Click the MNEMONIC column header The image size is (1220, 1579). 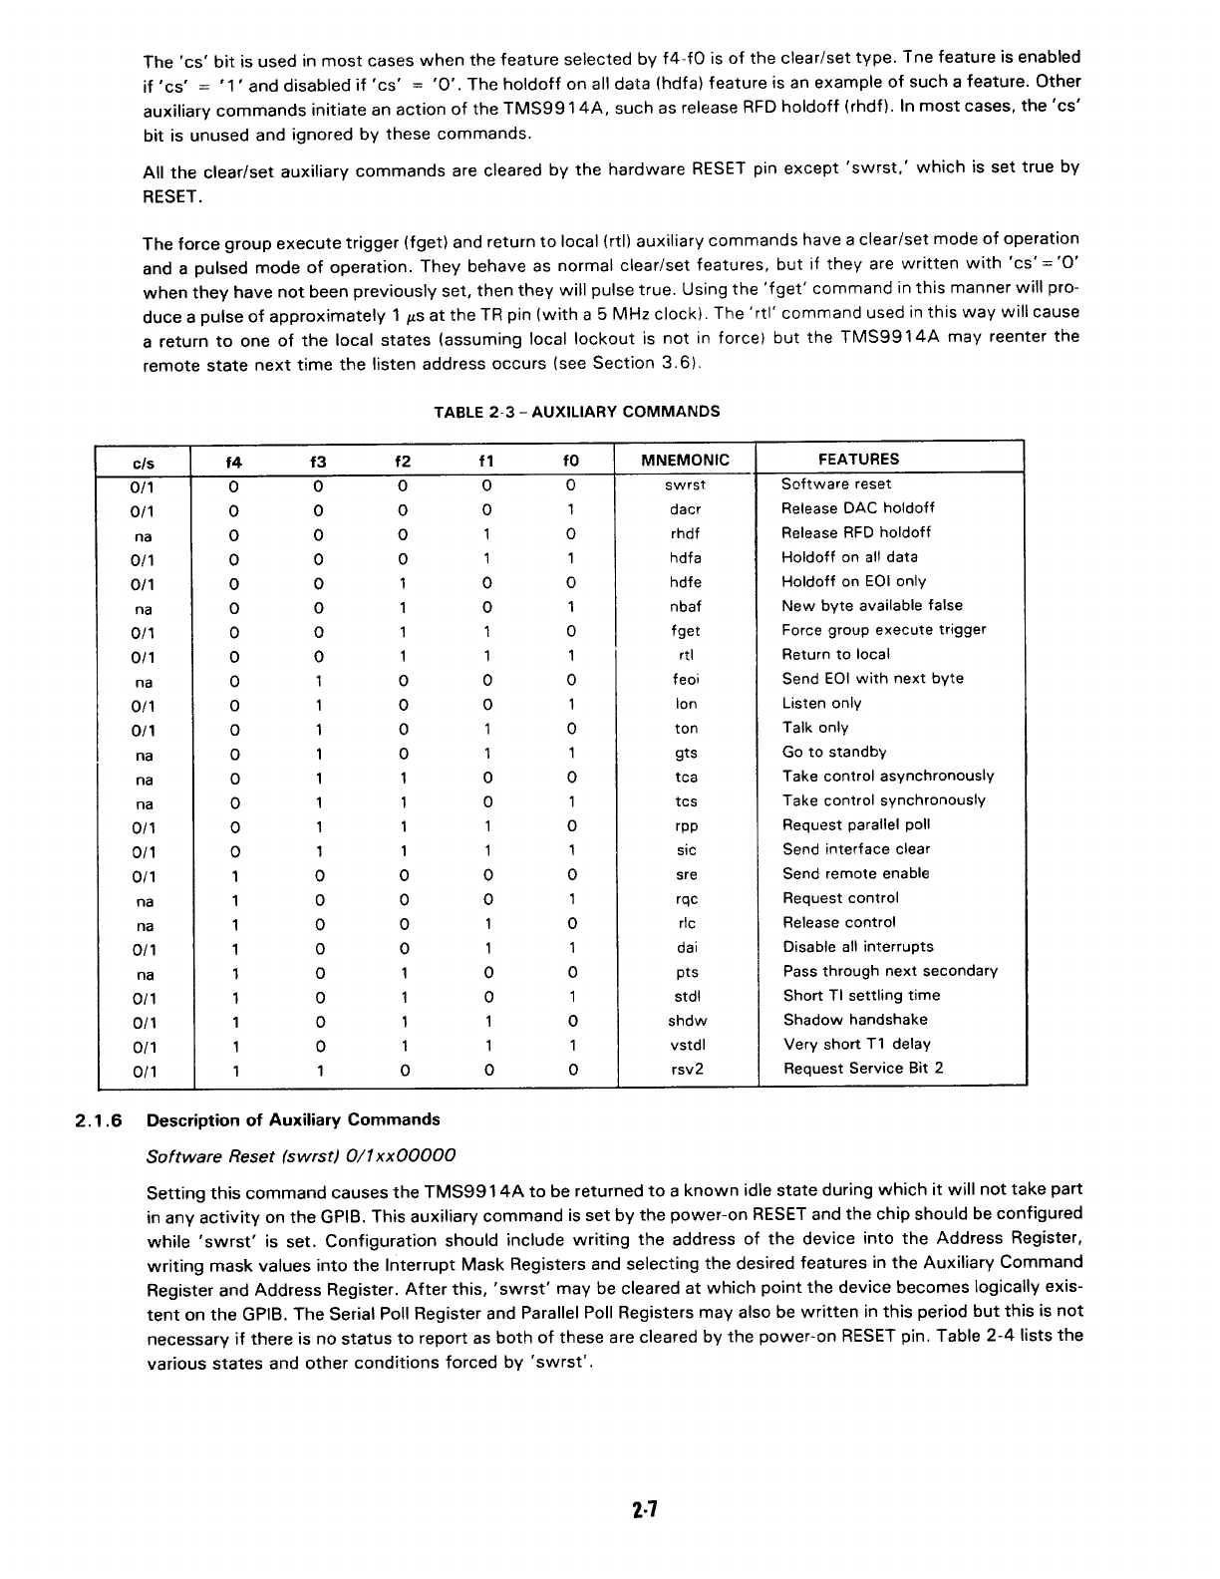pos(686,460)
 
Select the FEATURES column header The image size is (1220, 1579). pos(858,459)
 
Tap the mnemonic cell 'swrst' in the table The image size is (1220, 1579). pos(686,484)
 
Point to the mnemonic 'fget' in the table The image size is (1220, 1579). pos(686,631)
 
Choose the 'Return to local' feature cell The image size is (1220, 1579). pos(835,655)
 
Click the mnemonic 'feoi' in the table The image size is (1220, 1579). pos(686,680)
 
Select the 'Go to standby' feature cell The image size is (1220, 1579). pos(833,753)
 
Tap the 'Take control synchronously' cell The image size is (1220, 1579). pos(883,801)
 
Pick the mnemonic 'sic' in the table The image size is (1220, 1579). pos(686,850)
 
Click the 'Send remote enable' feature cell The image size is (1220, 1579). pos(855,874)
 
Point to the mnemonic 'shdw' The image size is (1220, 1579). pos(686,1021)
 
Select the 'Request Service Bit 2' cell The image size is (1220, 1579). pos(862,1069)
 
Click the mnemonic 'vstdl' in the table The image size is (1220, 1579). pos(686,1046)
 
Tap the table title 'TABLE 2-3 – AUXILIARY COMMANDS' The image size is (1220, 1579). pos(576,412)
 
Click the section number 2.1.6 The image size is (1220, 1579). pos(98,1120)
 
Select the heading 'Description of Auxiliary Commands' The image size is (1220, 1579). pos(293,1120)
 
